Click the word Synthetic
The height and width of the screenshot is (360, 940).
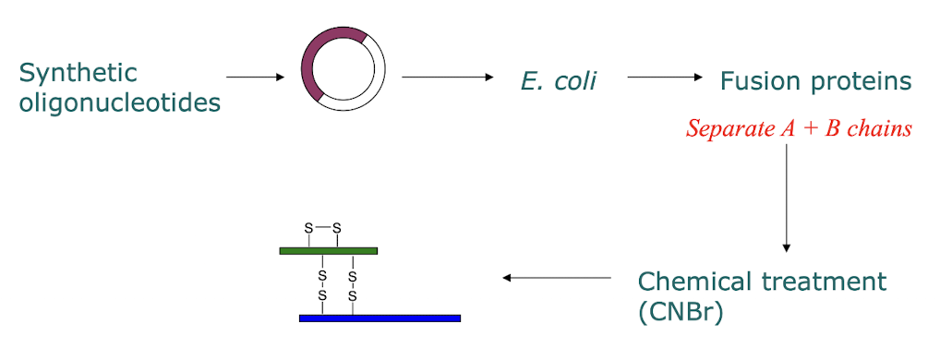pos(78,73)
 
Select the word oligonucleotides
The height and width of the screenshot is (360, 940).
pos(120,102)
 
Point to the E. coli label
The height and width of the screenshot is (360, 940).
pos(559,81)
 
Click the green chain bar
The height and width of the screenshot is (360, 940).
pos(328,250)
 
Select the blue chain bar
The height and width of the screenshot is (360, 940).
pos(380,318)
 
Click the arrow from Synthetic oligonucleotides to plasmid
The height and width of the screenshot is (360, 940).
pos(254,78)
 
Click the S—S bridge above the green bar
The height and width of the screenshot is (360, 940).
pos(323,227)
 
